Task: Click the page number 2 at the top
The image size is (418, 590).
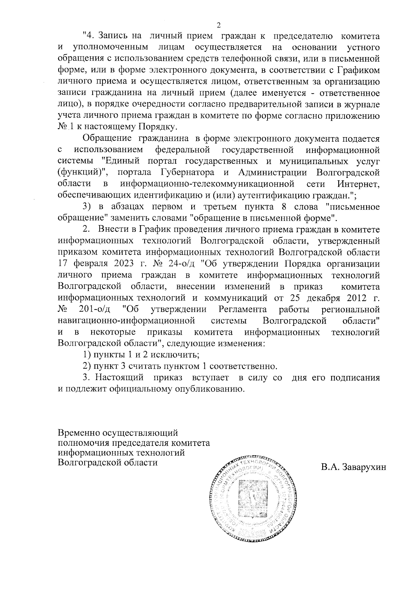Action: pyautogui.click(x=218, y=25)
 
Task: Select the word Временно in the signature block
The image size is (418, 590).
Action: pyautogui.click(x=79, y=433)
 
